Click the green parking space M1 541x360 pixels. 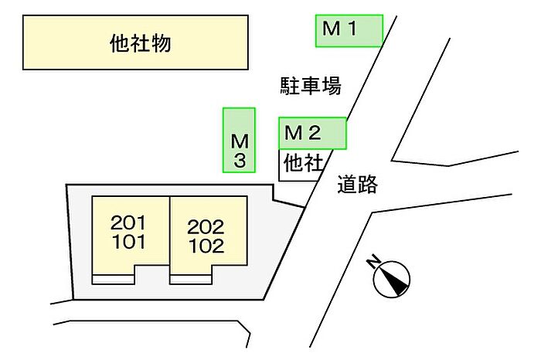click(x=349, y=31)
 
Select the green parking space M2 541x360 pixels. click(x=312, y=133)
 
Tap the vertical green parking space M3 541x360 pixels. click(x=239, y=141)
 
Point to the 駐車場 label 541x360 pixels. click(x=310, y=86)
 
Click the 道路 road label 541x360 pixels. click(x=357, y=184)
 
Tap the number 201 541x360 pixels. click(x=128, y=223)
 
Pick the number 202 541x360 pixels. click(x=206, y=228)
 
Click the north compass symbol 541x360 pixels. click(x=391, y=277)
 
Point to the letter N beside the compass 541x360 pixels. click(x=375, y=263)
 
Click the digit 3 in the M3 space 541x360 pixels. click(x=240, y=161)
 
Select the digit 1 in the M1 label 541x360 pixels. click(x=350, y=30)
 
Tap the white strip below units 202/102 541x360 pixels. click(x=190, y=278)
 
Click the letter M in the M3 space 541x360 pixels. click(x=240, y=141)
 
